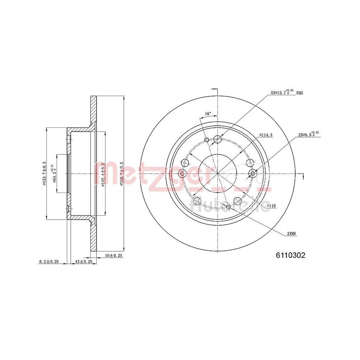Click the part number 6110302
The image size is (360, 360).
(x=291, y=255)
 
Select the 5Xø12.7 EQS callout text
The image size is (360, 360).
(x=287, y=93)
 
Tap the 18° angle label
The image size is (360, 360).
(x=208, y=114)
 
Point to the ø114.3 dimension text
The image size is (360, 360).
(x=266, y=135)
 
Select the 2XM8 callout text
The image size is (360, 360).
(x=292, y=233)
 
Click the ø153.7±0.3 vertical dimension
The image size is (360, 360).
(x=44, y=174)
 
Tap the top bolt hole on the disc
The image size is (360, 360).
(x=217, y=139)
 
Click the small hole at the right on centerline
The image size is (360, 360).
(x=253, y=174)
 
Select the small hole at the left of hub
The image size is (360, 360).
(x=182, y=174)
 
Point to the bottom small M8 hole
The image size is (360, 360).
(x=228, y=207)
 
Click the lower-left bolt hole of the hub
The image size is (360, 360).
(x=197, y=201)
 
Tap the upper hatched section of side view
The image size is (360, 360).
(x=93, y=112)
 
